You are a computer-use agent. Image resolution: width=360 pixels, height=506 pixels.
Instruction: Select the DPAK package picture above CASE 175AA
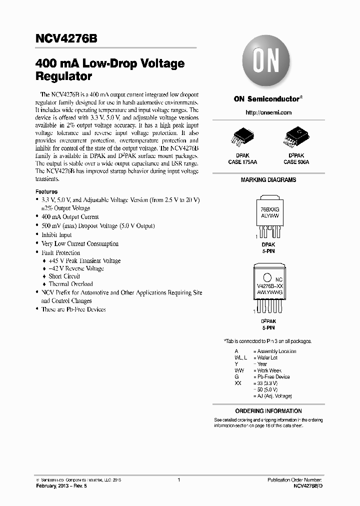242,136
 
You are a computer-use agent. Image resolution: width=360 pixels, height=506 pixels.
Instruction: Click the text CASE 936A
296,162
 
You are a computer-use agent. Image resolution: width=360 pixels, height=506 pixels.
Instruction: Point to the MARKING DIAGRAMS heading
268,180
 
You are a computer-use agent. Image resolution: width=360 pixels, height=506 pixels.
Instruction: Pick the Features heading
46,191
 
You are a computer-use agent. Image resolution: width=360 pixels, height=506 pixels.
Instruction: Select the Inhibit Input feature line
56,235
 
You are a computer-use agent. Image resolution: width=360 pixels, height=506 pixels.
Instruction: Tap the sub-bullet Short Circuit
64,276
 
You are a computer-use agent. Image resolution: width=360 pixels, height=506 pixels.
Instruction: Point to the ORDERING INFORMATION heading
268,411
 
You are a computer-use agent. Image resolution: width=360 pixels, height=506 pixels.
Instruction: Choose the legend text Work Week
269,370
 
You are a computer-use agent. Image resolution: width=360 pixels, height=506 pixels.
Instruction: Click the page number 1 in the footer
179,480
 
